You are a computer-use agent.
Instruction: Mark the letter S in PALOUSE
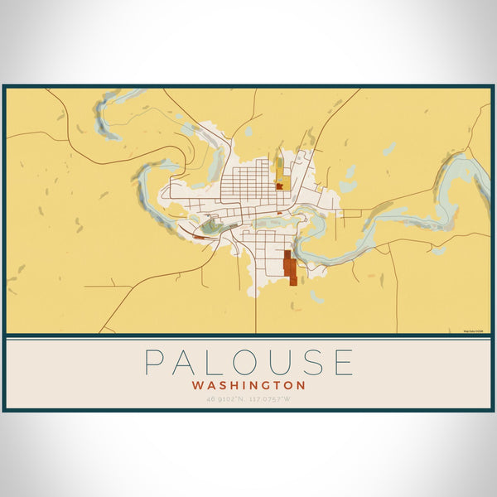pyautogui.click(x=316, y=363)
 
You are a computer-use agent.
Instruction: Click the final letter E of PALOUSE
pyautogui.click(x=344, y=363)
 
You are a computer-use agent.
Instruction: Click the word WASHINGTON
pyautogui.click(x=248, y=385)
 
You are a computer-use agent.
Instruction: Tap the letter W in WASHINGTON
pyautogui.click(x=197, y=385)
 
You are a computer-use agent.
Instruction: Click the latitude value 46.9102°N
pyautogui.click(x=225, y=399)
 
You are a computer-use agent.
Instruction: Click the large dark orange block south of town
pyautogui.click(x=289, y=268)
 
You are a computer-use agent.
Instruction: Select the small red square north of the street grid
pyautogui.click(x=280, y=186)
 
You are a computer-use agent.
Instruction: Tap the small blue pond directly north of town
pyautogui.click(x=246, y=131)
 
